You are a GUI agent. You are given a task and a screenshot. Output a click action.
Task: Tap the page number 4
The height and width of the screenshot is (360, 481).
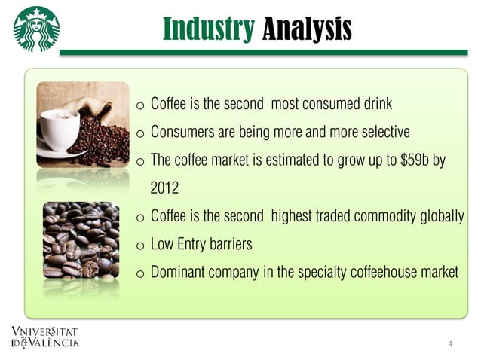[450, 344]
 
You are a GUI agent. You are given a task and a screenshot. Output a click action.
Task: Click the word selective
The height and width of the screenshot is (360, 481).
[386, 132]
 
